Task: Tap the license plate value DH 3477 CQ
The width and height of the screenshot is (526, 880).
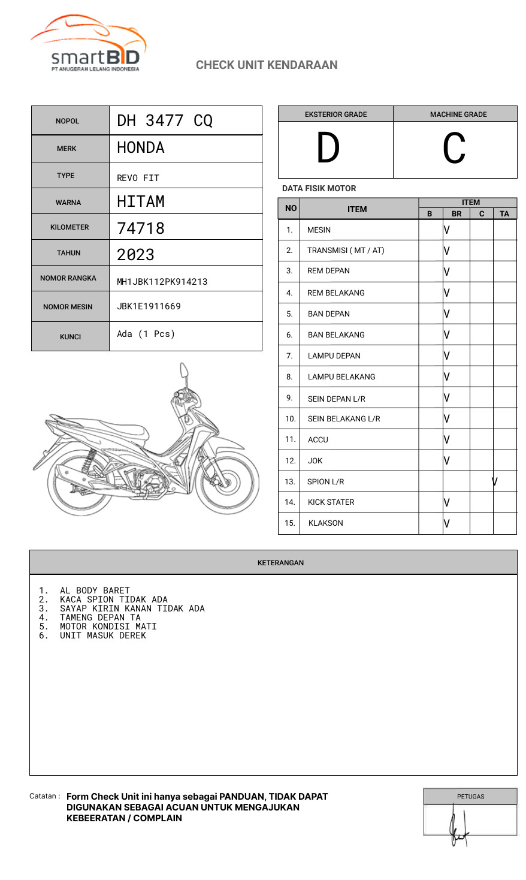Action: click(165, 120)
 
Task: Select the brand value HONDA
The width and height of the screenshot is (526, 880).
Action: click(141, 147)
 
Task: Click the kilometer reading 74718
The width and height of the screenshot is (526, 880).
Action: click(141, 228)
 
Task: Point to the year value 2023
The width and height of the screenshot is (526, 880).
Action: click(136, 254)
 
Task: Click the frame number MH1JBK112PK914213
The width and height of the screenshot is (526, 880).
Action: click(162, 282)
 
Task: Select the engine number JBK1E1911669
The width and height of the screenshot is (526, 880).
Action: click(149, 306)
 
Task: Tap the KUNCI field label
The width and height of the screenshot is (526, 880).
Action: click(70, 337)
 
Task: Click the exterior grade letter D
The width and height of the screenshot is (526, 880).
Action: click(328, 149)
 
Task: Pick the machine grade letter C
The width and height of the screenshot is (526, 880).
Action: click(454, 149)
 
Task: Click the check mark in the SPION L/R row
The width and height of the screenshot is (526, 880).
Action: click(495, 481)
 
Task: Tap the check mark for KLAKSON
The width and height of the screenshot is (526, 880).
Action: click(447, 523)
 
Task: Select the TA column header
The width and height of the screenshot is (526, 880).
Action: click(504, 213)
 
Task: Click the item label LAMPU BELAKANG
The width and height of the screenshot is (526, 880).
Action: click(341, 376)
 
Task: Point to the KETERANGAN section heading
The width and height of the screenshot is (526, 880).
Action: click(280, 563)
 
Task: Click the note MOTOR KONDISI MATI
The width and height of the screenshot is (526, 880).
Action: click(108, 626)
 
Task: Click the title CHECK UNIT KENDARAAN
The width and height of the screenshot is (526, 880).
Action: click(267, 65)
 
